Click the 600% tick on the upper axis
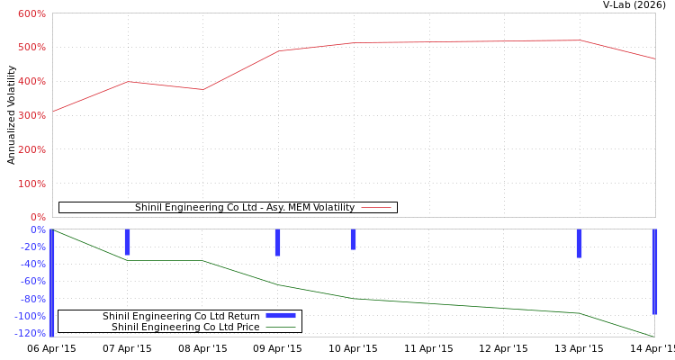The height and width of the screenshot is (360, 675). pos(31,13)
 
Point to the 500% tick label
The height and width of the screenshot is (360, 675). pos(31,47)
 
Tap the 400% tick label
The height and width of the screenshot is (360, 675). pos(31,81)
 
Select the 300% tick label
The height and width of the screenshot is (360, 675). pos(31,115)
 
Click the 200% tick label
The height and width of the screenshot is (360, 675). pos(31,149)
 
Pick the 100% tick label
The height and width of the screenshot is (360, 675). pos(31,184)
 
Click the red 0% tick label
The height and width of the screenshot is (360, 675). pos(37,217)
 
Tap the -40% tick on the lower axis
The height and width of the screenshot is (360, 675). pos(32,264)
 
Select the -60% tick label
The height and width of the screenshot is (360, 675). pos(32,281)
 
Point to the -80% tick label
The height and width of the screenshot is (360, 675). pos(32,299)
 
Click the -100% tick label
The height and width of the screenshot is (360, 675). pos(30,316)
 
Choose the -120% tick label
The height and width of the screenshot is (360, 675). pos(30,333)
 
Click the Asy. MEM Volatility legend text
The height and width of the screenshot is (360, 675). pos(245,208)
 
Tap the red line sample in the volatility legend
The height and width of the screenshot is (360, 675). pos(375,208)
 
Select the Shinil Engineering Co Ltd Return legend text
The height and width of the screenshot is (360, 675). pos(181,316)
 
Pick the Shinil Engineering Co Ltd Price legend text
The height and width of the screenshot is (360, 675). pos(185,327)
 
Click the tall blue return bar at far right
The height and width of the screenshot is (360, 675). pos(654,272)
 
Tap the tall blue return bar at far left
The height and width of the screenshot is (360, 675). pos(51,283)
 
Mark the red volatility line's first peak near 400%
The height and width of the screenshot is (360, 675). pos(128,81)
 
